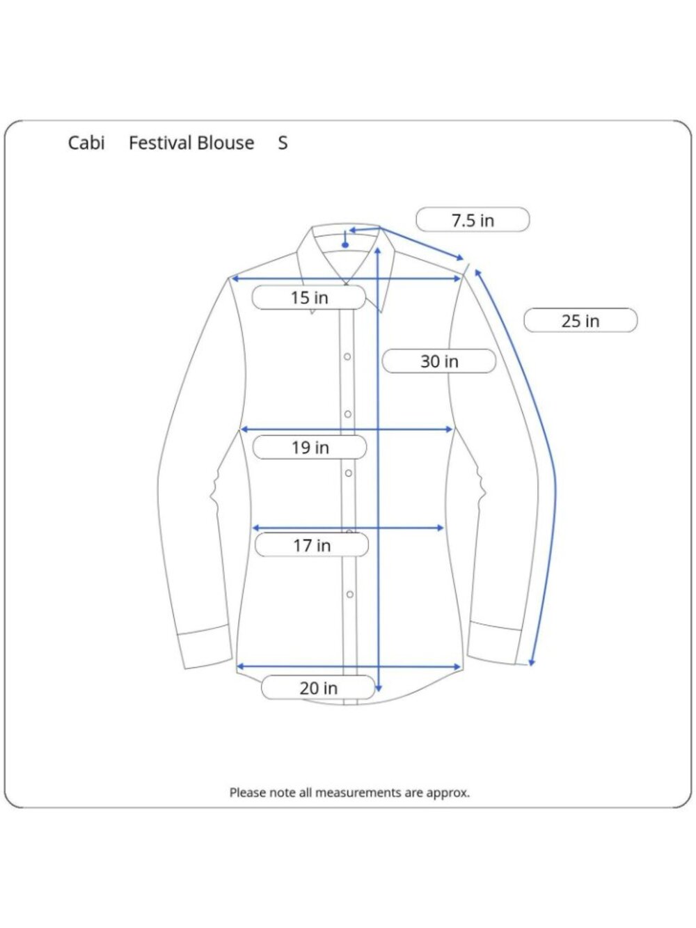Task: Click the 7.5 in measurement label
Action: (473, 220)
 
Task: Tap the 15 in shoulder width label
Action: (309, 297)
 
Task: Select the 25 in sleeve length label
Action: (580, 321)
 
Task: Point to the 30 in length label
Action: (439, 361)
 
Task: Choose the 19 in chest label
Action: (310, 447)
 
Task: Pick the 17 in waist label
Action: (312, 545)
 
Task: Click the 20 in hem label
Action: (318, 688)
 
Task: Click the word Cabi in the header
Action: (86, 143)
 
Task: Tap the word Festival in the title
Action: (160, 143)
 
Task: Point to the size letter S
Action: (283, 143)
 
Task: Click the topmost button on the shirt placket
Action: (347, 357)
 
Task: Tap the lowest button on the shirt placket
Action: (350, 595)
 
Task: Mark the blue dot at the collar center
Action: (345, 245)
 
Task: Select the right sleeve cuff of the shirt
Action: (494, 643)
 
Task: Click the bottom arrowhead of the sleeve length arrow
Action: (532, 662)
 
